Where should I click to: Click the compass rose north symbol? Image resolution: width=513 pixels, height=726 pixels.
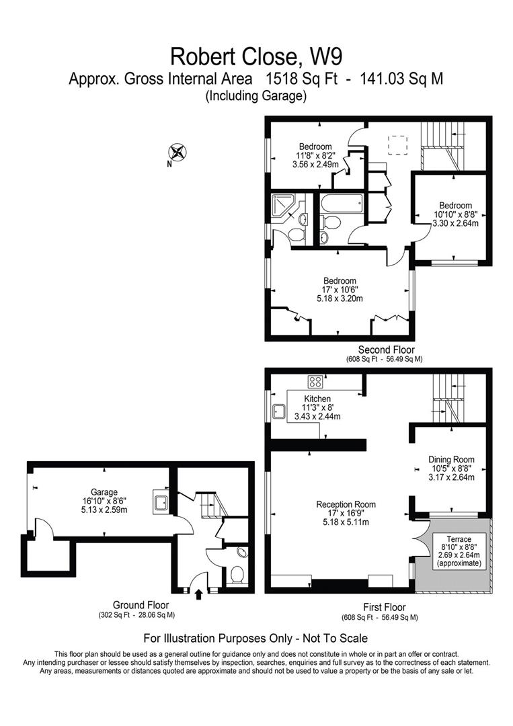[180, 152]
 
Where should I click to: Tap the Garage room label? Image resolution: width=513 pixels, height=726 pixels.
[105, 491]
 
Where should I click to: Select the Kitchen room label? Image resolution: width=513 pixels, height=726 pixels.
[317, 399]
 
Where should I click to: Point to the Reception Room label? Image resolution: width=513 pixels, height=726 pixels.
[346, 504]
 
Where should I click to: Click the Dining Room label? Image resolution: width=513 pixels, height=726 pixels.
[451, 460]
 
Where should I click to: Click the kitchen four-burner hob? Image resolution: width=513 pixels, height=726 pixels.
[315, 382]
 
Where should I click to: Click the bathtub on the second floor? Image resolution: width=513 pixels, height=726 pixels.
[342, 202]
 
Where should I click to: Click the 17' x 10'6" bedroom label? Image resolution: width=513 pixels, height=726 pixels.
[340, 281]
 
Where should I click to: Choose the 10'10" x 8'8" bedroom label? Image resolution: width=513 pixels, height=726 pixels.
[455, 206]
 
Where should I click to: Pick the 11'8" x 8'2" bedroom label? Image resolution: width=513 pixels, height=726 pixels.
[315, 147]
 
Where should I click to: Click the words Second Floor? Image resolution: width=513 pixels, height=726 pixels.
[386, 350]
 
